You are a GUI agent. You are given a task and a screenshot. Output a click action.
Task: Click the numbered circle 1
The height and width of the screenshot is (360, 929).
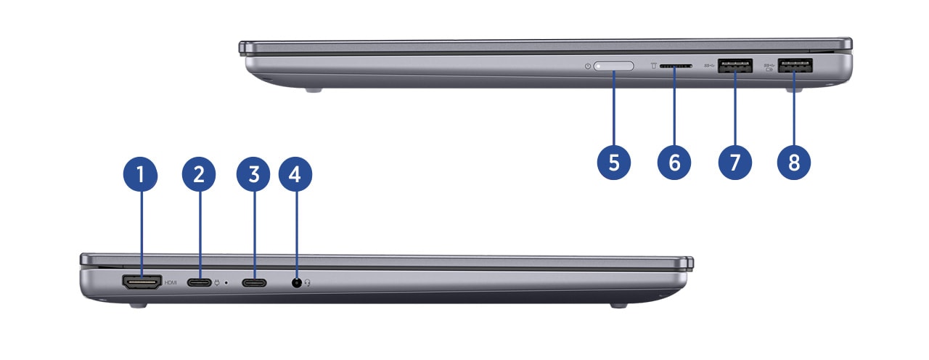[140, 174]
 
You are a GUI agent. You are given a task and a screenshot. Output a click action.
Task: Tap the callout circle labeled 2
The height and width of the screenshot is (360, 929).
[199, 174]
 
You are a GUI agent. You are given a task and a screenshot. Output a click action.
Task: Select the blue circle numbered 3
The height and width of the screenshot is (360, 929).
[253, 174]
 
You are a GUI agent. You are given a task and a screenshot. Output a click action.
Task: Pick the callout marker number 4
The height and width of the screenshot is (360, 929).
[295, 174]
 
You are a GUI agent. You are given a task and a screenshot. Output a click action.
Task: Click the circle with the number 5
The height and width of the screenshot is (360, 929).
[614, 162]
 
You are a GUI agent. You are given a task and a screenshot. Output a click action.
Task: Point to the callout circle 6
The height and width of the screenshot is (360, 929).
[674, 162]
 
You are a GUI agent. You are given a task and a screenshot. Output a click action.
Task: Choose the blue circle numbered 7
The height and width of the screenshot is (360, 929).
[735, 162]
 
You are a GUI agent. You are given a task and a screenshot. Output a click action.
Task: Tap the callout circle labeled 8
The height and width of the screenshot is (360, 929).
[794, 162]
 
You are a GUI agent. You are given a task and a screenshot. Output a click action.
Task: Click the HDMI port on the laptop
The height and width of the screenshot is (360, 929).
[142, 282]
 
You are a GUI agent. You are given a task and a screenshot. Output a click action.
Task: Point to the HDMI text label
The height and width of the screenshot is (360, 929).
[171, 282]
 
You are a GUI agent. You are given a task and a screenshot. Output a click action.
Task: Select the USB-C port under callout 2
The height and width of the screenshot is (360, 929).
[199, 283]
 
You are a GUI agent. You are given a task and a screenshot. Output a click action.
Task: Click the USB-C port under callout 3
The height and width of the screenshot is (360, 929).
[254, 283]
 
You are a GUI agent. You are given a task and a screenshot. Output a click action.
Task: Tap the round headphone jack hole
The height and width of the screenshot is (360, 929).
[297, 283]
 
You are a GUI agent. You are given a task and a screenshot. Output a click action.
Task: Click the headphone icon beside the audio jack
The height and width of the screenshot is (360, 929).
[307, 282]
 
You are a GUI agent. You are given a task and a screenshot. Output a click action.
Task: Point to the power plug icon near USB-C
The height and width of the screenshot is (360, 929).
[217, 283]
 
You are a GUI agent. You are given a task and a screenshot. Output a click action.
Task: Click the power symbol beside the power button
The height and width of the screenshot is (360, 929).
[588, 66]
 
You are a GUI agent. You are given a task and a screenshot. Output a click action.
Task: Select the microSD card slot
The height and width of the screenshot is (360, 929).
[676, 65]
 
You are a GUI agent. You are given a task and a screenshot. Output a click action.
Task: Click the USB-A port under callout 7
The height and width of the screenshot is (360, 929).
[735, 65]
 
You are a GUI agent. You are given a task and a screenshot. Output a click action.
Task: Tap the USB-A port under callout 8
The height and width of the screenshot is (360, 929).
[795, 65]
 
